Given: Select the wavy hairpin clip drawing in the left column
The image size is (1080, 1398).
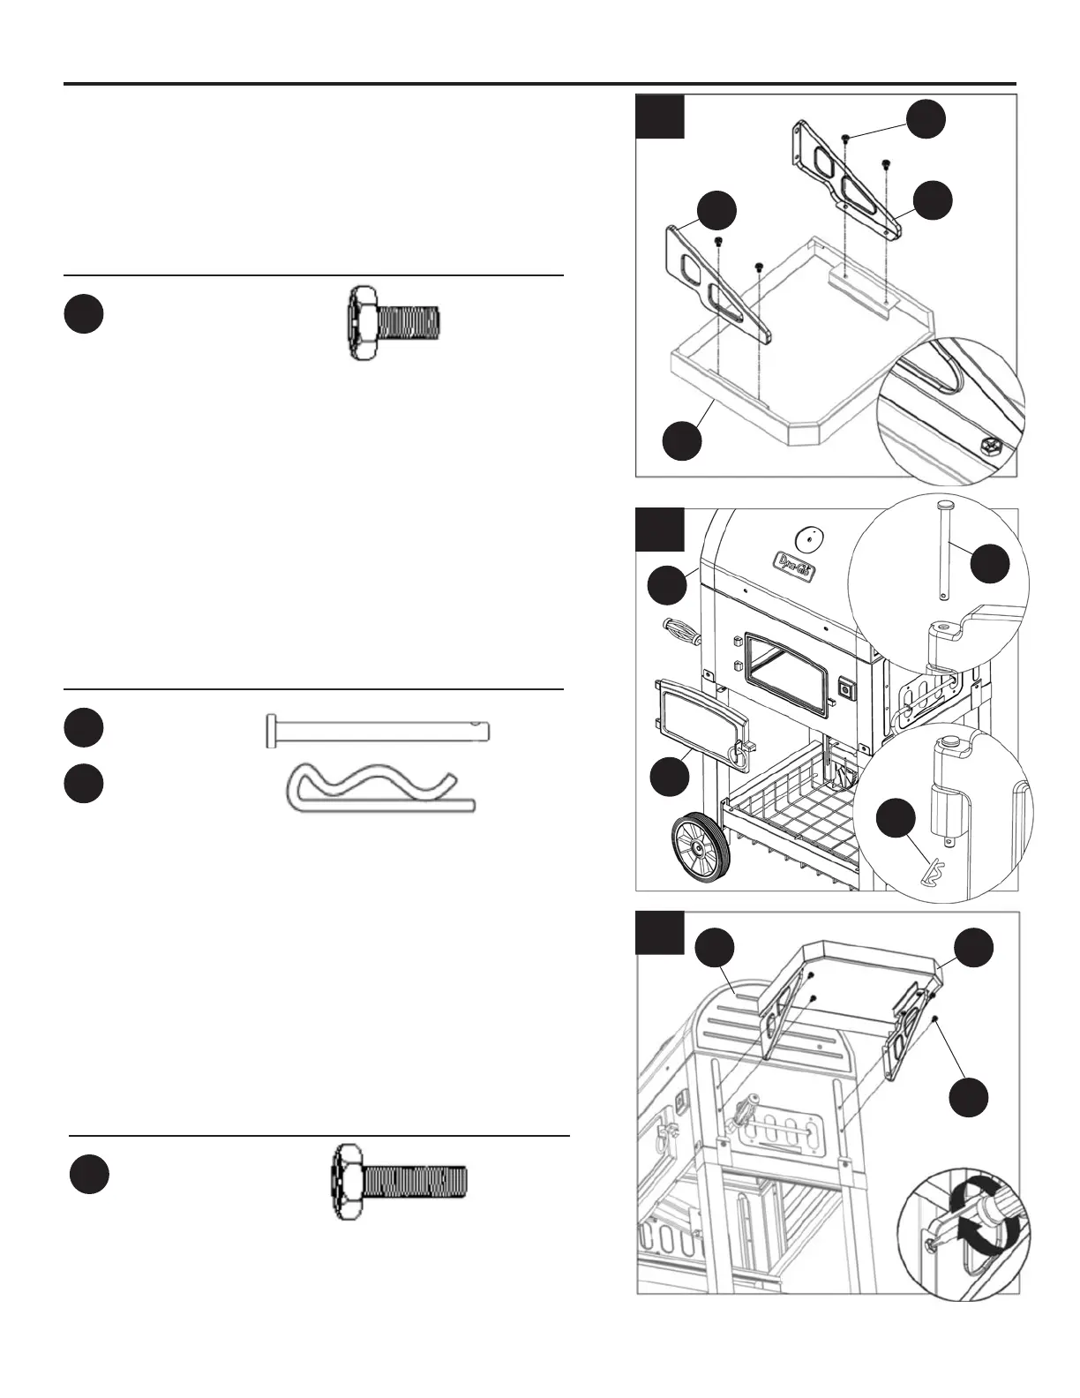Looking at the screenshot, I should pyautogui.click(x=379, y=786).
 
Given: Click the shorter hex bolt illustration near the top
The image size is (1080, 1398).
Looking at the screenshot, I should pyautogui.click(x=393, y=322).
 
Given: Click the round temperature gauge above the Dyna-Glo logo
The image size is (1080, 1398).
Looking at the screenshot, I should pyautogui.click(x=809, y=537).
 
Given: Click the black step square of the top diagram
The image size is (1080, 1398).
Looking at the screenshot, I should pyautogui.click(x=660, y=116).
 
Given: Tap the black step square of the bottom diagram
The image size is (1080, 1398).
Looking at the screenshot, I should pyautogui.click(x=660, y=934).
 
